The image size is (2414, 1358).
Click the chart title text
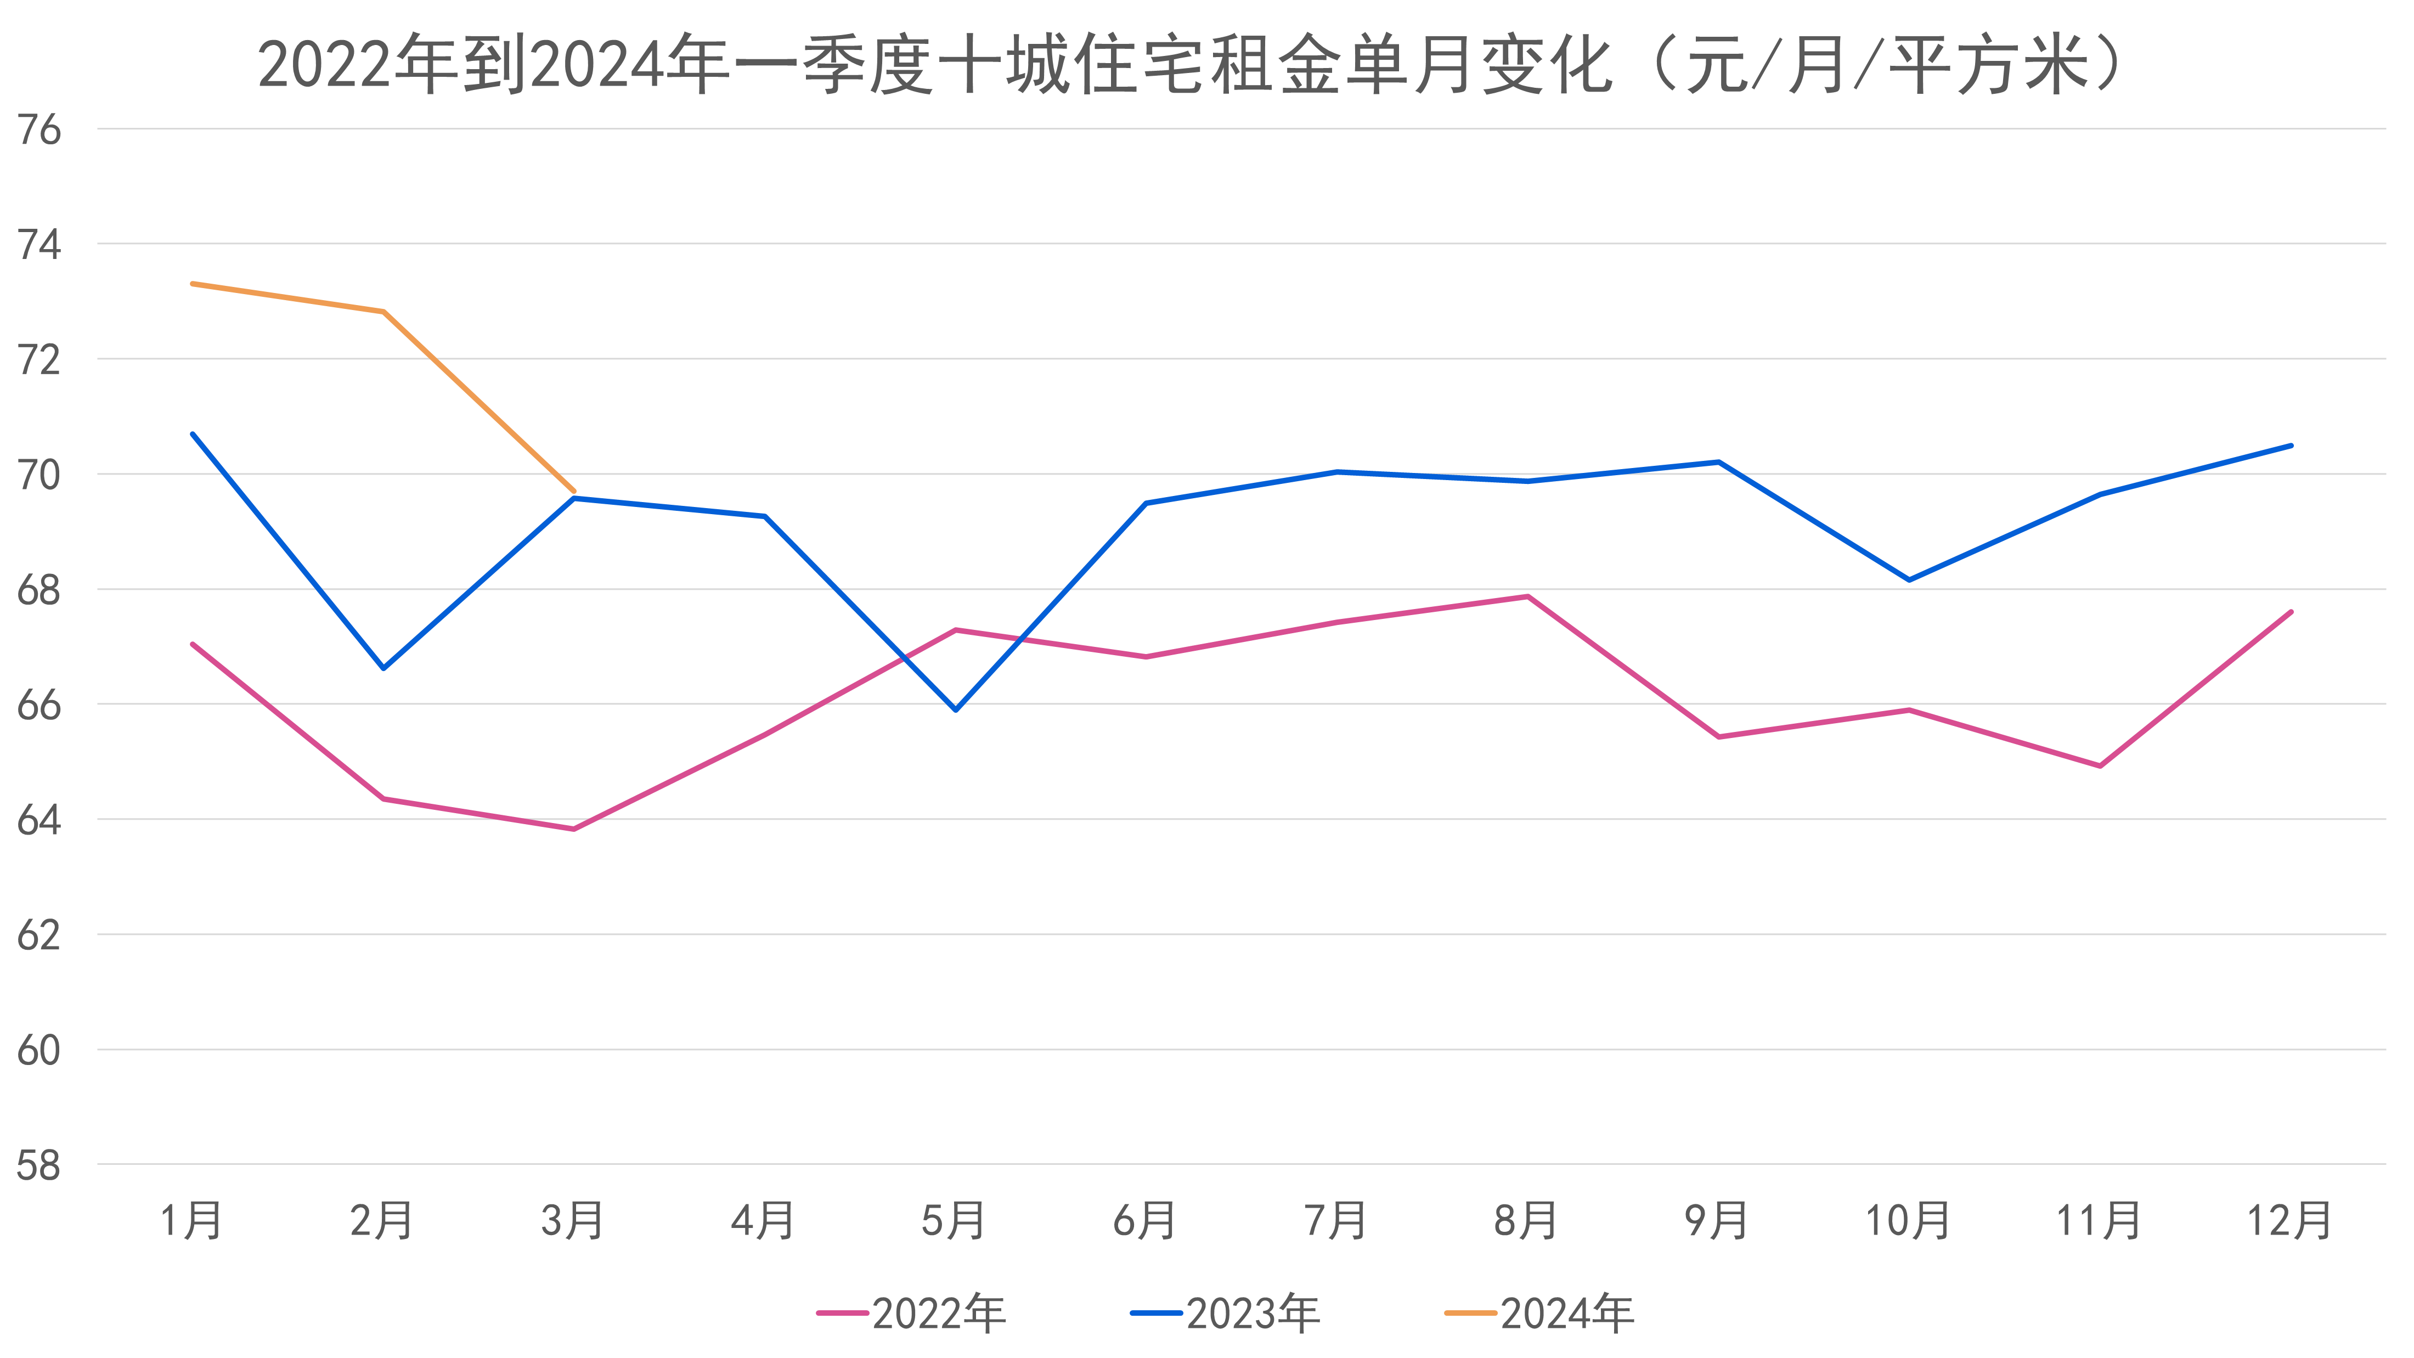pos(1190,66)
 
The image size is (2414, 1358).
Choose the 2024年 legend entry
pos(1539,1313)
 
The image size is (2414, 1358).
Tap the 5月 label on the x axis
pos(954,1220)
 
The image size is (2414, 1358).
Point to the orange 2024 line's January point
pos(192,283)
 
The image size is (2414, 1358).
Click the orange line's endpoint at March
pos(573,490)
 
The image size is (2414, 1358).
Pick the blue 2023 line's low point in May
pos(956,709)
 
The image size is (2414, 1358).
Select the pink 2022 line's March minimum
pos(573,829)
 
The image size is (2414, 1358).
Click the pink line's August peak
pos(1527,596)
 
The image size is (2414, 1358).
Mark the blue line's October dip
pos(1909,580)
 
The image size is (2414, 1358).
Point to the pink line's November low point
pos(2100,765)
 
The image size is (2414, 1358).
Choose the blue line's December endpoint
pos(2291,445)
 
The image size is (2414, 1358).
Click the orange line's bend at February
pos(383,311)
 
